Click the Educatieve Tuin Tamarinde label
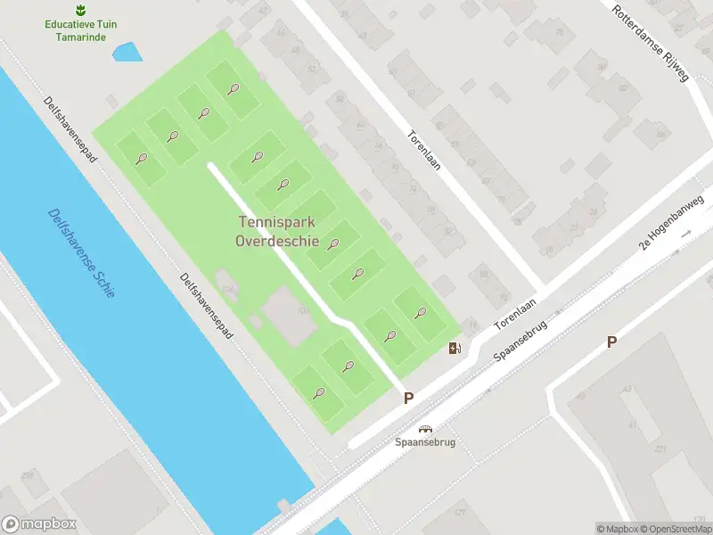click(x=80, y=30)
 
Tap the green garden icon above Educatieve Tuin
click(x=80, y=10)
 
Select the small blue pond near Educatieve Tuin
click(x=127, y=52)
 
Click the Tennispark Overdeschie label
click(x=279, y=232)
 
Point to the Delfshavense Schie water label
click(x=80, y=253)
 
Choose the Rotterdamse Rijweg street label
click(x=651, y=42)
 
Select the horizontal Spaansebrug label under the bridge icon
click(x=425, y=442)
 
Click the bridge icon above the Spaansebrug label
click(x=425, y=429)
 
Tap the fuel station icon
click(x=455, y=348)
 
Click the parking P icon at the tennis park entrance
click(x=408, y=399)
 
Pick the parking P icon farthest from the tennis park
click(x=611, y=342)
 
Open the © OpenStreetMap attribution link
click(x=675, y=529)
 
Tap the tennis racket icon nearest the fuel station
click(x=421, y=312)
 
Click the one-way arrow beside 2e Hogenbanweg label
click(x=686, y=233)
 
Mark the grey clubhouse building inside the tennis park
click(x=290, y=314)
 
